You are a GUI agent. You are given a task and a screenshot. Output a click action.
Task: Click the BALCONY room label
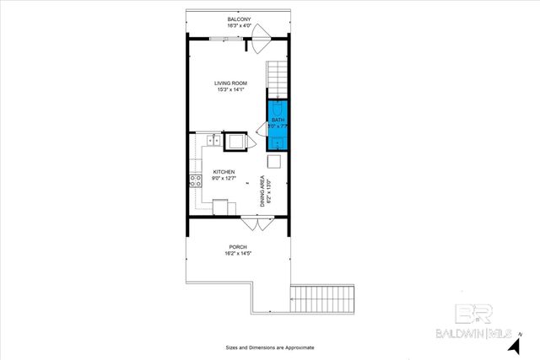(239, 19)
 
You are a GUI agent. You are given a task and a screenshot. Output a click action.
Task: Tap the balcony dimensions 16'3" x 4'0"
(239, 26)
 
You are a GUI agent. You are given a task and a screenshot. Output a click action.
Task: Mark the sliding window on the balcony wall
(218, 39)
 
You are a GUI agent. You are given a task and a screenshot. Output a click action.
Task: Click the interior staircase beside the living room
(278, 78)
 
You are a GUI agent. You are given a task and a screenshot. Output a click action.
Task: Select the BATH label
(278, 121)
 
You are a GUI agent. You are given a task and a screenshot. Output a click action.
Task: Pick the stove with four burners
(196, 180)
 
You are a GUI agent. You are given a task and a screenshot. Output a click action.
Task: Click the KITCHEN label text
(212, 172)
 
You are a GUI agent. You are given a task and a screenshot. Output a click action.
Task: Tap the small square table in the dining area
(274, 161)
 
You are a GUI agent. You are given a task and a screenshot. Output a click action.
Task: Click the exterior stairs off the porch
(324, 298)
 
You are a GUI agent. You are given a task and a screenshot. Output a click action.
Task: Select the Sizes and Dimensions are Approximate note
(269, 347)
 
